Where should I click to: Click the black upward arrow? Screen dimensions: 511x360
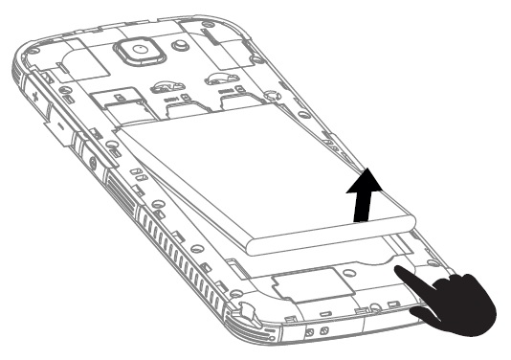click(x=360, y=197)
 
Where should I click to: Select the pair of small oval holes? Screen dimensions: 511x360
click(x=138, y=176)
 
